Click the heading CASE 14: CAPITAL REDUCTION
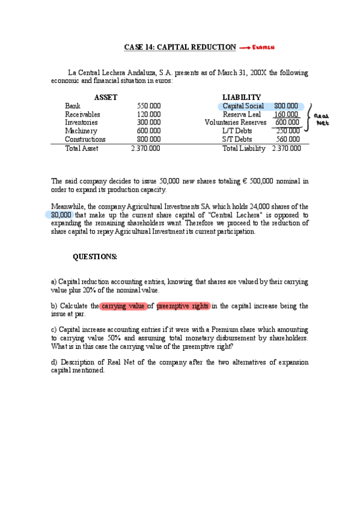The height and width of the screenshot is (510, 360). [x=180, y=47]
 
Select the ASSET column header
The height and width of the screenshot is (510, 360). [x=106, y=97]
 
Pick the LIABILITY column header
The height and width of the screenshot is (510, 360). [x=241, y=97]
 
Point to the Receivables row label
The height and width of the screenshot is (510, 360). [x=82, y=114]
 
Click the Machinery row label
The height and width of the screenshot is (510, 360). [x=81, y=131]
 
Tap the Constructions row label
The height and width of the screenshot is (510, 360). [x=85, y=140]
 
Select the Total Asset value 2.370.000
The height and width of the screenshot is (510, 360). [x=145, y=149]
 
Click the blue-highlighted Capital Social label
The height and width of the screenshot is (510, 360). [x=243, y=106]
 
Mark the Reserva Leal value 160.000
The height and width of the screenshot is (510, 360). [x=286, y=114]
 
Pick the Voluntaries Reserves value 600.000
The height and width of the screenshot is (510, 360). [x=287, y=123]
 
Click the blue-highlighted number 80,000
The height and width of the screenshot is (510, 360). [x=61, y=215]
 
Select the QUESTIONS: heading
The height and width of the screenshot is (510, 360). [x=95, y=257]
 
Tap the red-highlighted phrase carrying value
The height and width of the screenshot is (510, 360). [x=123, y=306]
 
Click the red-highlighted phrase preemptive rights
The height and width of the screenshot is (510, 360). [x=183, y=306]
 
